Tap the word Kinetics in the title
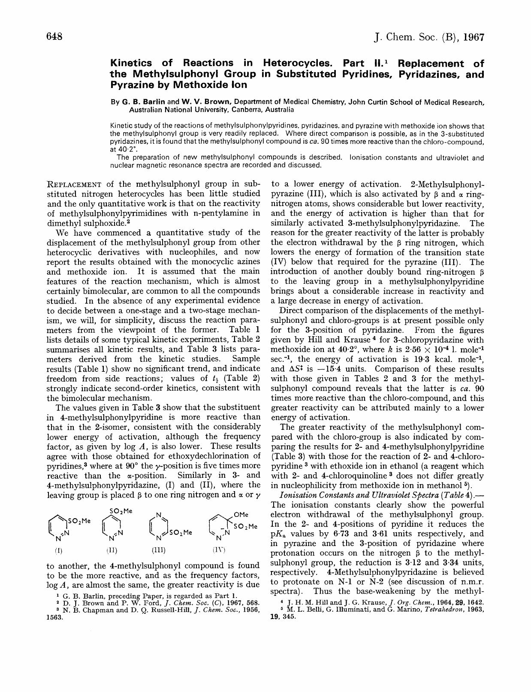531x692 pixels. point(133,64)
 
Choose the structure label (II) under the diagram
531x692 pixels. point(112,550)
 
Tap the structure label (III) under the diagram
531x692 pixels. point(159,550)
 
